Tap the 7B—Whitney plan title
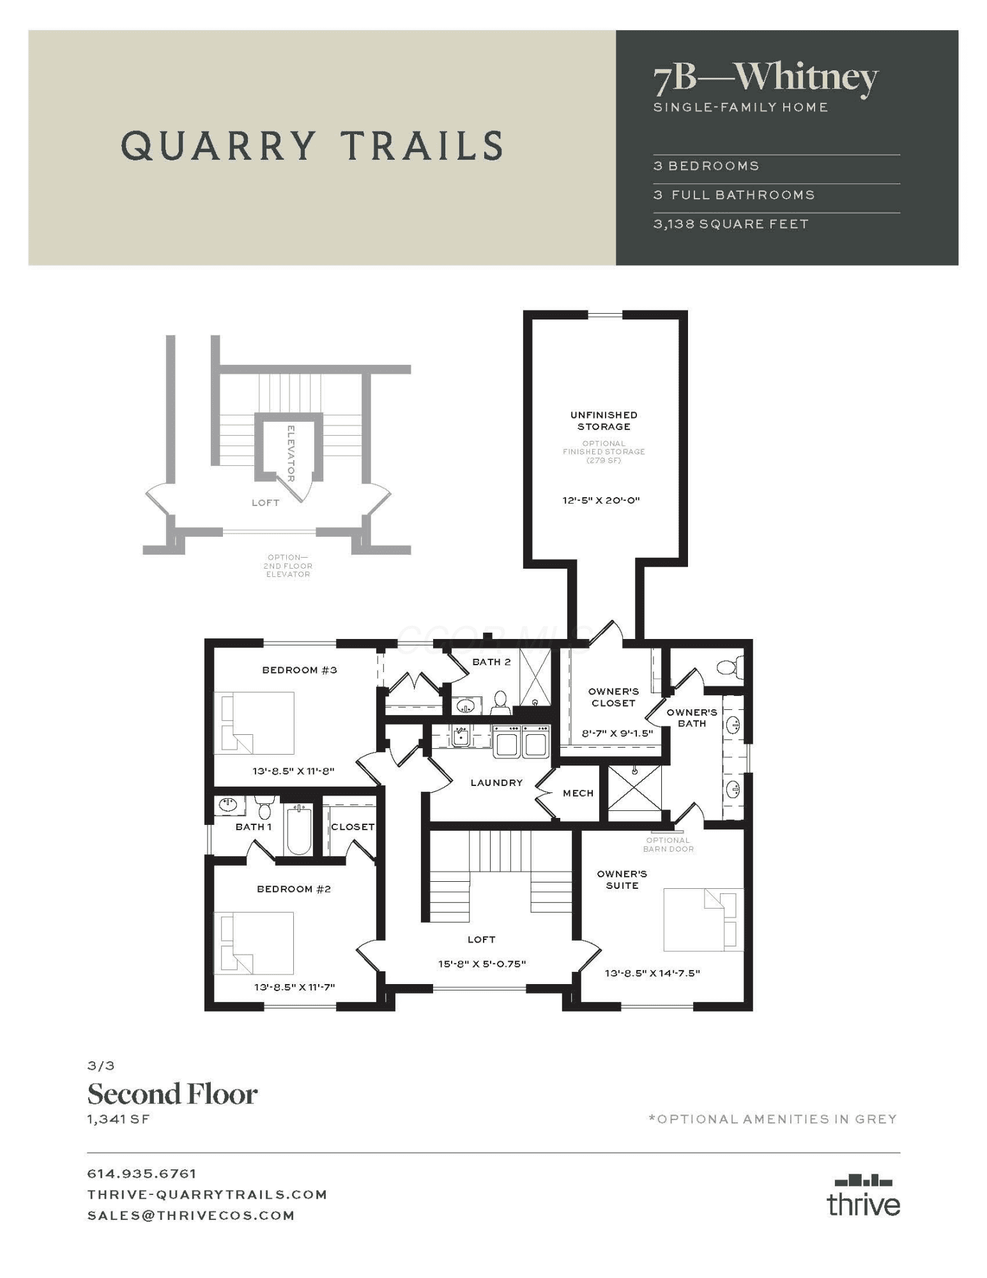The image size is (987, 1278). (x=766, y=78)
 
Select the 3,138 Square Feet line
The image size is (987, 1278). (x=731, y=224)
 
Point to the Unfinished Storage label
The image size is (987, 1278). (x=604, y=421)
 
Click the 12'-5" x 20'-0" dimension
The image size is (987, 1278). (x=601, y=500)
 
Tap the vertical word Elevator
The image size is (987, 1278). (x=291, y=453)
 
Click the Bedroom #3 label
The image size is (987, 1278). (x=300, y=670)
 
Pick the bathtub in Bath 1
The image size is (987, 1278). (x=299, y=829)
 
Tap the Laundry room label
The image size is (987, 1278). (x=496, y=783)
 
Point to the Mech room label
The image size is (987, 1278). (x=578, y=793)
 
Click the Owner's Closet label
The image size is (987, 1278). (x=613, y=697)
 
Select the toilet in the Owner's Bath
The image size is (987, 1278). (x=731, y=667)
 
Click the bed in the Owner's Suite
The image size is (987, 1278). (x=703, y=920)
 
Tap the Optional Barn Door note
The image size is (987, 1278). (x=668, y=845)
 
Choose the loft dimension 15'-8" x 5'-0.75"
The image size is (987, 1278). (x=482, y=964)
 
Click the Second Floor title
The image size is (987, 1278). (x=172, y=1094)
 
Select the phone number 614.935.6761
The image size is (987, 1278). (x=142, y=1174)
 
